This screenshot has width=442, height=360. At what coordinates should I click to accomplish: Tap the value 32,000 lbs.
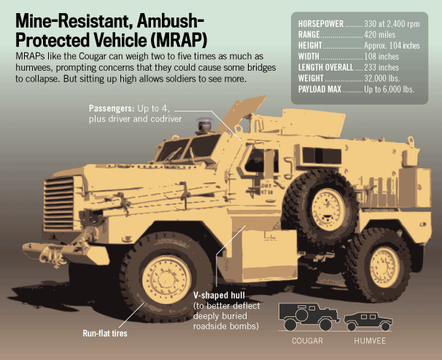pos(384,78)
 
